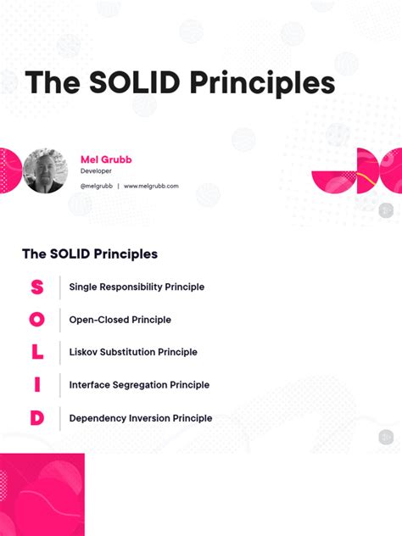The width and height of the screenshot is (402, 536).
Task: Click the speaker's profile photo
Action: pyautogui.click(x=44, y=171)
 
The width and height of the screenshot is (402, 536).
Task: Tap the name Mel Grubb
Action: pyautogui.click(x=106, y=159)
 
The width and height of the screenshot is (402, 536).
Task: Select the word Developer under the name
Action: pyautogui.click(x=96, y=171)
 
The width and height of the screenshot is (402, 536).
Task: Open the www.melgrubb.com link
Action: pyautogui.click(x=151, y=186)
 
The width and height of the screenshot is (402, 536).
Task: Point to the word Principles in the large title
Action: pyautogui.click(x=263, y=83)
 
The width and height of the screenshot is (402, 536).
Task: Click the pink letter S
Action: pyautogui.click(x=36, y=287)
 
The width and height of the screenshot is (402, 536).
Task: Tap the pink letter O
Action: pyautogui.click(x=36, y=320)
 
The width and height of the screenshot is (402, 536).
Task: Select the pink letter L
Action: pyautogui.click(x=36, y=352)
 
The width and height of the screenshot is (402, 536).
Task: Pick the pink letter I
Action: pyautogui.click(x=36, y=384)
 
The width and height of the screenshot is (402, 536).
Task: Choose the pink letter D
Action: pyautogui.click(x=36, y=417)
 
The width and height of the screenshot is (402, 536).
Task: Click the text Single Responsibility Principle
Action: pyautogui.click(x=137, y=287)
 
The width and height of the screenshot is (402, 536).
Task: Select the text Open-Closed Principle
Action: pyautogui.click(x=120, y=320)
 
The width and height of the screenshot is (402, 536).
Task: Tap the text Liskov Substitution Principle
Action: pyautogui.click(x=133, y=352)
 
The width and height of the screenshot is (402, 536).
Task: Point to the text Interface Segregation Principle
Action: pyautogui.click(x=139, y=385)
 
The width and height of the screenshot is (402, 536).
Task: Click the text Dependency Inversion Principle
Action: pyautogui.click(x=141, y=418)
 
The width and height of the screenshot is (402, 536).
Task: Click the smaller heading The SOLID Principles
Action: pyautogui.click(x=90, y=254)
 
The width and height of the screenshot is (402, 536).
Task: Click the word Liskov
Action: pyautogui.click(x=84, y=352)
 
